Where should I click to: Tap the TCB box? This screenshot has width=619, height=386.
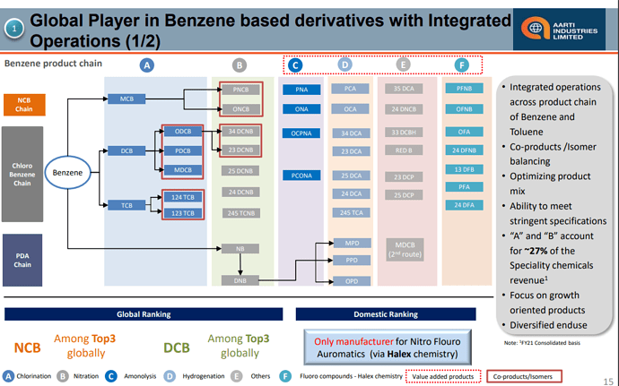126,205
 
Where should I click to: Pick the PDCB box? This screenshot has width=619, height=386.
183,150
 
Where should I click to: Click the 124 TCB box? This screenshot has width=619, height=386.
183,197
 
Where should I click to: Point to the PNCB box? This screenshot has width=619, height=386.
240,90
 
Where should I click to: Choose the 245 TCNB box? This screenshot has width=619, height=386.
240,212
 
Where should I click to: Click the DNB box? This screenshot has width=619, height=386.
240,280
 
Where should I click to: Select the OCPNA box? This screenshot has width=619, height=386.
301,133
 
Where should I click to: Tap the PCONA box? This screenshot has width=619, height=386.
301,176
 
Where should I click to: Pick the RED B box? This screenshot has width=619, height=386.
403,150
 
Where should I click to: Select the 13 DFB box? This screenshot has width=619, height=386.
464,168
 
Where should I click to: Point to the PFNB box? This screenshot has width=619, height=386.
464,90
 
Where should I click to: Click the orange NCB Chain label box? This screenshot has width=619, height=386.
23,105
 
